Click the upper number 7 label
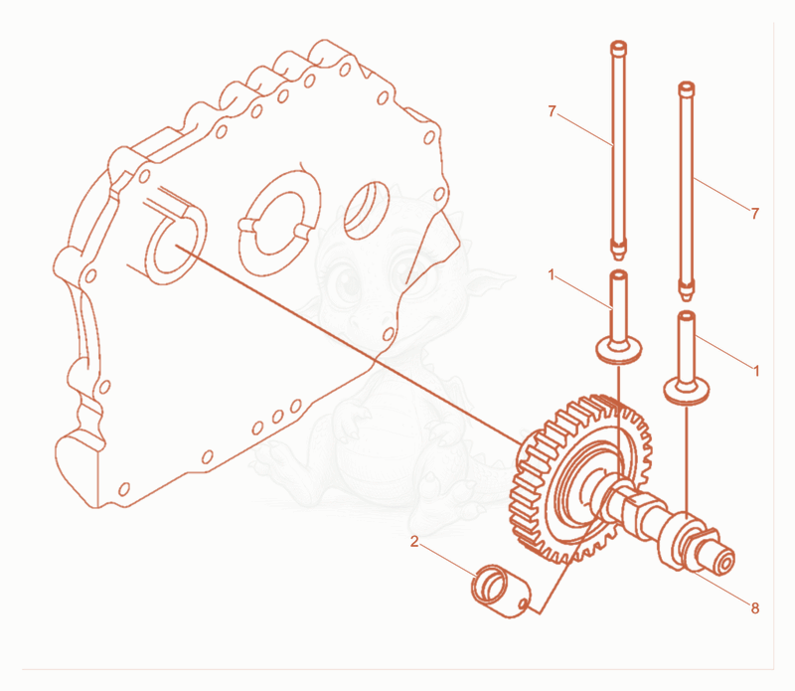[x=553, y=110]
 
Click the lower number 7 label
[x=755, y=214]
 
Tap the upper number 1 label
[x=553, y=275]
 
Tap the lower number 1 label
[x=756, y=371]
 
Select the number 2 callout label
[x=414, y=542]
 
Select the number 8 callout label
[x=755, y=607]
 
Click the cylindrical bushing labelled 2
[x=501, y=591]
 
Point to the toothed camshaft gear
[x=580, y=478]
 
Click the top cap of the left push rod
[x=618, y=47]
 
